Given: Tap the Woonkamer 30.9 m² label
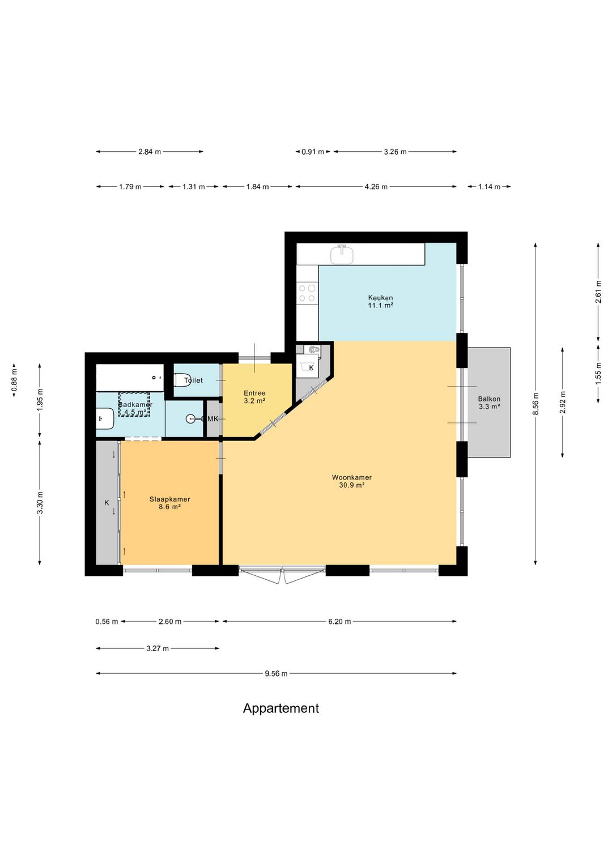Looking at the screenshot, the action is coord(352,481).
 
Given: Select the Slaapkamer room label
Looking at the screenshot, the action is coord(169,503).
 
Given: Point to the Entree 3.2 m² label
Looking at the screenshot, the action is coord(254,397).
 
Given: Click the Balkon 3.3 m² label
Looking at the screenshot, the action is coord(489,403).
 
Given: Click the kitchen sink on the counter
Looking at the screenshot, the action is coord(342,254).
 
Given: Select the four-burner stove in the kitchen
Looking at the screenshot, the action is coord(307,293).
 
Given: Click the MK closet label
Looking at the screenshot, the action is coord(213,418).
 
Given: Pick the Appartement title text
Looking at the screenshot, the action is coord(280,708).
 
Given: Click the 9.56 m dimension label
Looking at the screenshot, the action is coord(276,673).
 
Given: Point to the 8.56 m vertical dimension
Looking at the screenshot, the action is coord(535,404).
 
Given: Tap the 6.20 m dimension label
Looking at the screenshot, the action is coord(339,621).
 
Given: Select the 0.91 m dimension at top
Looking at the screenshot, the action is coord(313,152).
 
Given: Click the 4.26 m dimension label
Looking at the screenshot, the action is coord(376,187).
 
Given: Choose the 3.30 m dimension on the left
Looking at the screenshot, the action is coord(40,503).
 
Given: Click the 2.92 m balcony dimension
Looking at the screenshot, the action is coord(562,403).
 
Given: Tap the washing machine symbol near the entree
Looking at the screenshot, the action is coord(308,366).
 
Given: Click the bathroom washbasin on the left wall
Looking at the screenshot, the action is coord(104,418).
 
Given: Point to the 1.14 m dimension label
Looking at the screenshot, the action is coord(489,187).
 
